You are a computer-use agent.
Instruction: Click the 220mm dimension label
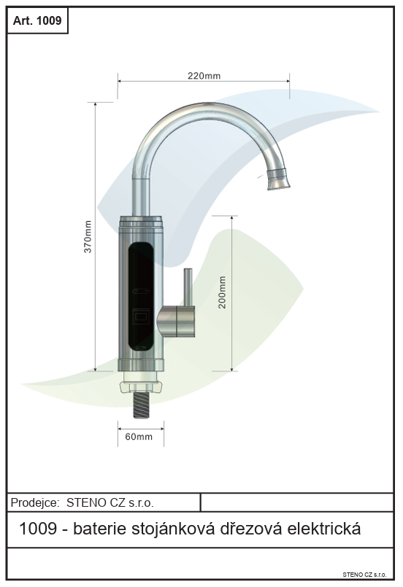(x=204, y=76)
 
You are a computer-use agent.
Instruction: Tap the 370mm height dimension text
(x=88, y=236)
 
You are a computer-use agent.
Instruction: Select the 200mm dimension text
(x=222, y=292)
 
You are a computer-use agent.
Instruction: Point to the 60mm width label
(x=139, y=437)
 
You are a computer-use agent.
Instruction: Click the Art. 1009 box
(x=37, y=20)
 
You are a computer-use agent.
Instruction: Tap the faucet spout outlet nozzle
(x=279, y=179)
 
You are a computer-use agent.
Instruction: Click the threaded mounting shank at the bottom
(x=142, y=405)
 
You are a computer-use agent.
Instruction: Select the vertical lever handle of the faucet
(x=188, y=287)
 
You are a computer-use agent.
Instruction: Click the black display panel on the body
(x=141, y=297)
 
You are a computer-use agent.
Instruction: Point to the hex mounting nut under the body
(x=141, y=386)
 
